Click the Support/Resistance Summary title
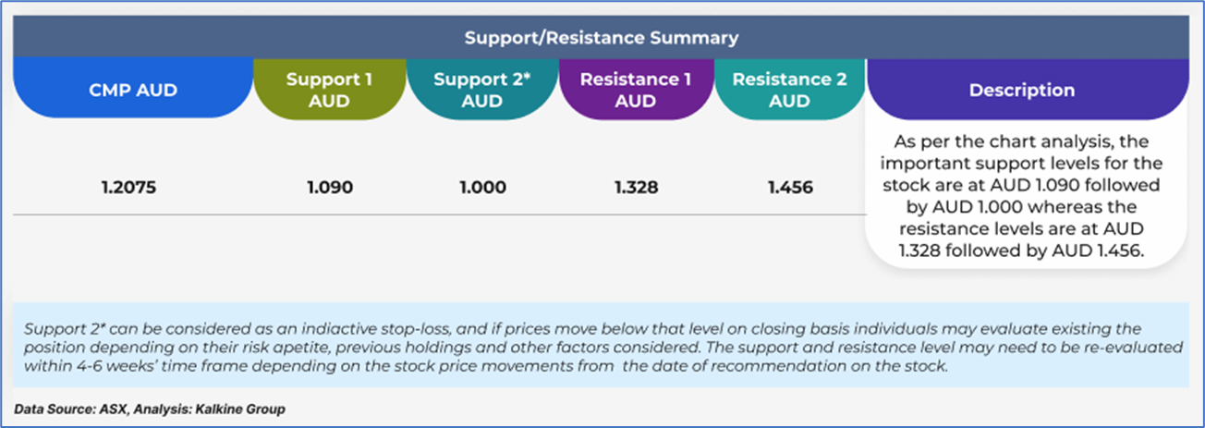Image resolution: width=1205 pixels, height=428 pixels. (602, 38)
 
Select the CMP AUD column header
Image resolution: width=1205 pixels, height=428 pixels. (133, 90)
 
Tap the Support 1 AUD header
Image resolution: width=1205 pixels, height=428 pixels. (329, 90)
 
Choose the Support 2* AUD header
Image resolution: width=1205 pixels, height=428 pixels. (482, 90)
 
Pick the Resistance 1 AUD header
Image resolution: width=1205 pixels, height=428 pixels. (636, 90)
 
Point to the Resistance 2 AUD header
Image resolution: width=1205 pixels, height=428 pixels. (789, 90)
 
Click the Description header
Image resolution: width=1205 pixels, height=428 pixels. (1022, 90)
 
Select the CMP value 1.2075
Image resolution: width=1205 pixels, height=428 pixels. (129, 188)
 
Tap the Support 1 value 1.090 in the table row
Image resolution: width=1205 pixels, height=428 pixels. (330, 188)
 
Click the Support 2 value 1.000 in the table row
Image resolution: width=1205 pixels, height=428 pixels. (482, 188)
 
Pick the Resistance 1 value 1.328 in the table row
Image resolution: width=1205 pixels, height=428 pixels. (637, 188)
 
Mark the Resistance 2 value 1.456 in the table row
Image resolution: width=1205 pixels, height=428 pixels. (790, 188)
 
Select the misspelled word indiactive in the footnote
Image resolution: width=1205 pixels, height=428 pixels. (339, 329)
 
